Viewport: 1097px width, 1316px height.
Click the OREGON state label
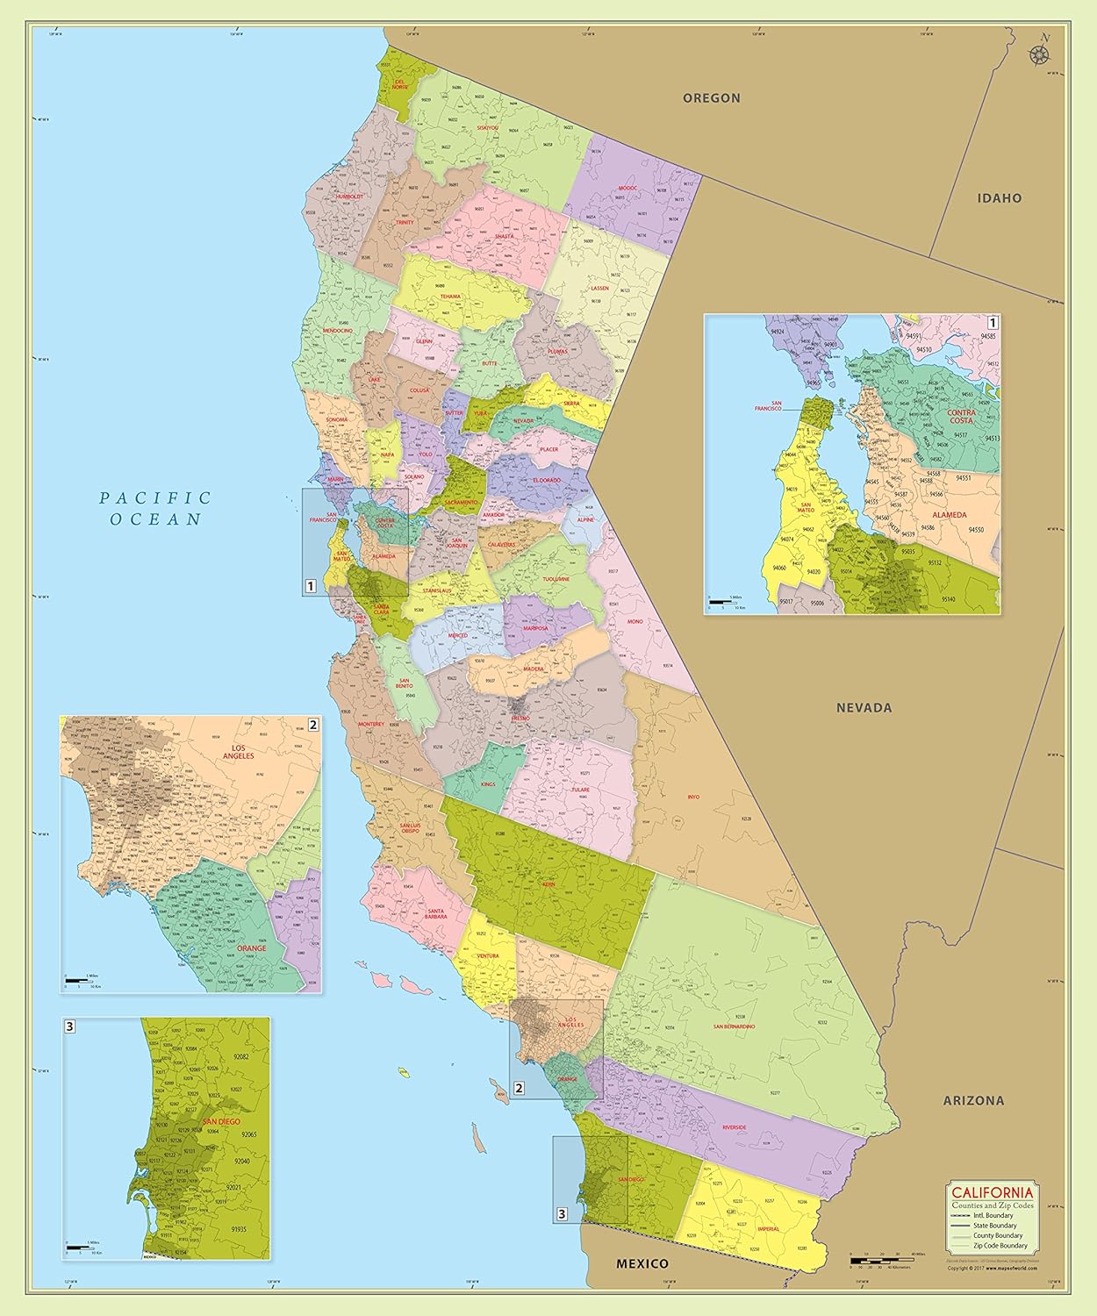point(712,98)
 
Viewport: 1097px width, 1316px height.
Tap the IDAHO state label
point(1000,198)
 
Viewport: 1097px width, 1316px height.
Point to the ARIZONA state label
point(973,1100)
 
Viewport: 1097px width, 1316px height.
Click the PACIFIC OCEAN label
point(155,508)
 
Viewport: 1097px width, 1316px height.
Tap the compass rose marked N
point(1041,52)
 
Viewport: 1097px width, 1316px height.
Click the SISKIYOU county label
point(487,128)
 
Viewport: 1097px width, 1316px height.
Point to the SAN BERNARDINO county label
point(735,1026)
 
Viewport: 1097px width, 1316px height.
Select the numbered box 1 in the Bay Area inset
point(993,322)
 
